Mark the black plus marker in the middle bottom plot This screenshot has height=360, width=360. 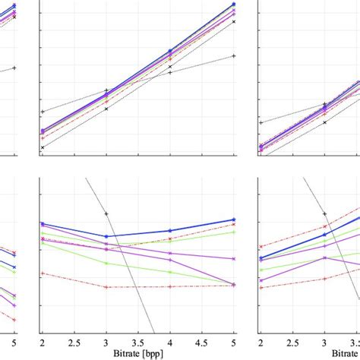(106, 213)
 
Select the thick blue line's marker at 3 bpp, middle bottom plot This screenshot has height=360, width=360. (106, 236)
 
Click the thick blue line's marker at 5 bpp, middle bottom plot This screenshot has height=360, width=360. (234, 219)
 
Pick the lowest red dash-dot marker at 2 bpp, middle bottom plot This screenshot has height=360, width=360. (43, 273)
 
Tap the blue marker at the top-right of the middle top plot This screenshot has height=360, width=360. (234, 5)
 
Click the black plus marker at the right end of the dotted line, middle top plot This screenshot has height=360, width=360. (234, 55)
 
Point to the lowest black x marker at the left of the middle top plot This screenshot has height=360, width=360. (43, 147)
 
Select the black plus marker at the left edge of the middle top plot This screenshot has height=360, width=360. (43, 112)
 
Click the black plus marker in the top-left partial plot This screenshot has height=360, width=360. (14, 68)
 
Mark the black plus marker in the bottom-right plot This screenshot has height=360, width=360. (325, 213)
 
